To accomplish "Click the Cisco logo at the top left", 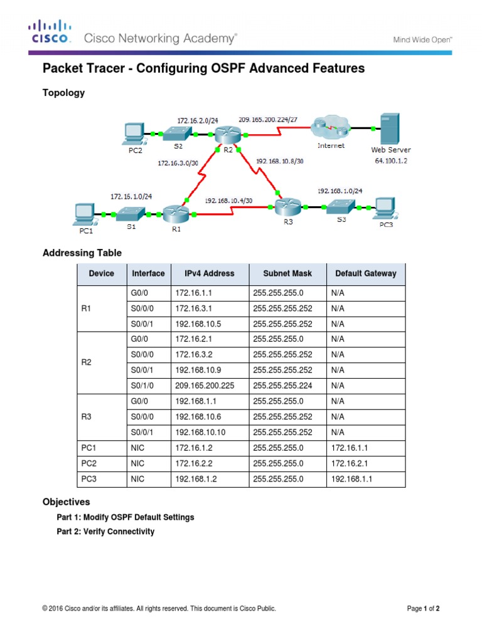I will [x=49, y=31].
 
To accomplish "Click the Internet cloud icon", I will [x=331, y=129].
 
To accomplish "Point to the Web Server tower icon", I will [x=389, y=128].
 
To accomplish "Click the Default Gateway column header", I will [x=366, y=273].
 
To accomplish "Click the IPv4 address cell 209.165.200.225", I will [x=205, y=386].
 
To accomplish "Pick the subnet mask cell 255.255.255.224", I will [x=282, y=386].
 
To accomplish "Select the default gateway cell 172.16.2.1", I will [x=348, y=465].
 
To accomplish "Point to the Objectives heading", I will [x=66, y=502].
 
